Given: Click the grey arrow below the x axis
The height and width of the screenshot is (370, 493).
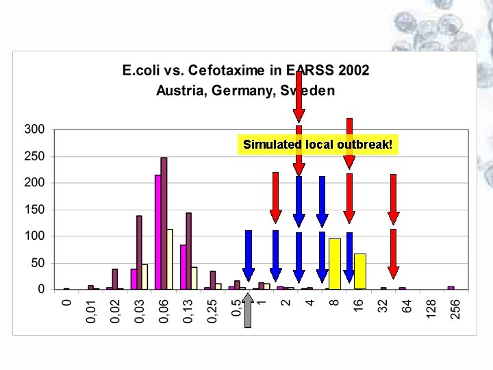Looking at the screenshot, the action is pyautogui.click(x=248, y=310).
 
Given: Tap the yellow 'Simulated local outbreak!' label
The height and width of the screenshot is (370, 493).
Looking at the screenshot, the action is pyautogui.click(x=318, y=145).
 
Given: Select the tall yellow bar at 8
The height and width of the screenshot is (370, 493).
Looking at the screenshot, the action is pyautogui.click(x=335, y=264).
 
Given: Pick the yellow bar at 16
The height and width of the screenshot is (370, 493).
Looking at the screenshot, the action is pyautogui.click(x=360, y=271).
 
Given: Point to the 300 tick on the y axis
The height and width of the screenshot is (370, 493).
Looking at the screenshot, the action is pyautogui.click(x=35, y=129).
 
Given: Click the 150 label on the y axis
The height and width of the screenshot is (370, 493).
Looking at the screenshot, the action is pyautogui.click(x=35, y=210).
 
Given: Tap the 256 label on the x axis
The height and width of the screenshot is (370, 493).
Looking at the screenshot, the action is pyautogui.click(x=455, y=310).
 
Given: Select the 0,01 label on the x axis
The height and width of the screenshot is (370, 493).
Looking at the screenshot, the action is pyautogui.click(x=91, y=312).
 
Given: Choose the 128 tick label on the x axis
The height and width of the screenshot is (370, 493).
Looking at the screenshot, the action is pyautogui.click(x=431, y=309).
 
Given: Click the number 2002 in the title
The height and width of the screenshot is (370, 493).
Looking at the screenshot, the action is pyautogui.click(x=353, y=70).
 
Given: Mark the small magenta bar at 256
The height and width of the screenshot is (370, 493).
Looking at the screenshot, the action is pyautogui.click(x=451, y=288).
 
